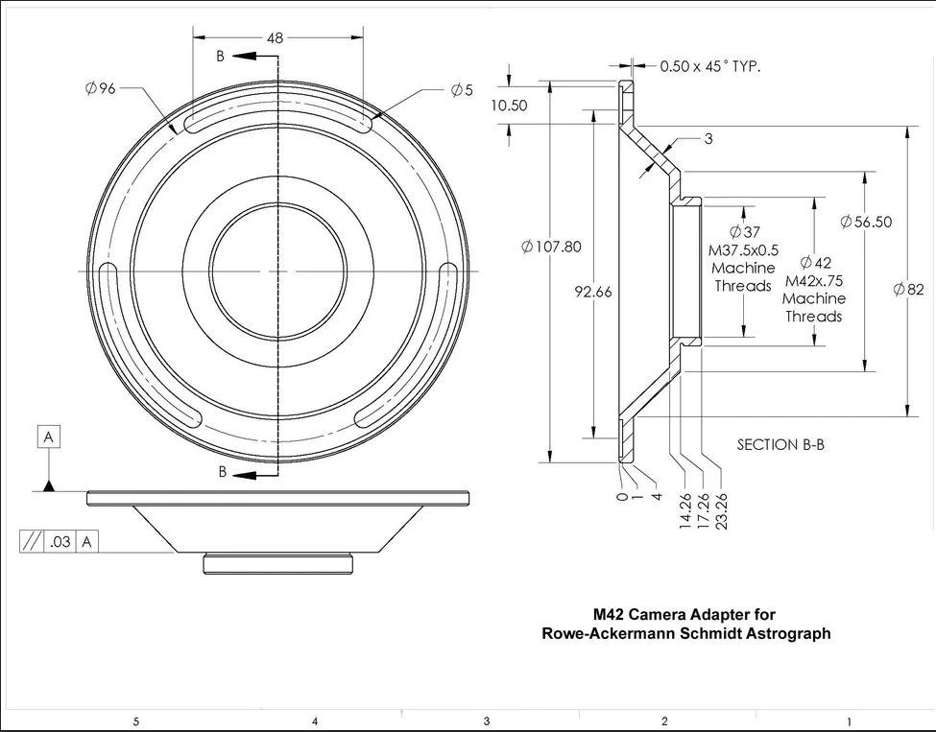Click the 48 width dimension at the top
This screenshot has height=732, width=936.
tap(276, 38)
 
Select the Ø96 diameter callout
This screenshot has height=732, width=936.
tap(100, 88)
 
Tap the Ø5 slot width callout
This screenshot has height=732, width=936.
tap(462, 89)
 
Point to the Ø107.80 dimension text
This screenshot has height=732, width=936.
tap(551, 247)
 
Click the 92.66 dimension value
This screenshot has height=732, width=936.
tap(593, 293)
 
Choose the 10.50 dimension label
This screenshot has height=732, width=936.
tap(509, 106)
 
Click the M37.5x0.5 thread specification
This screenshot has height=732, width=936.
tap(743, 250)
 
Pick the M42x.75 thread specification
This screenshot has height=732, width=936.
tap(814, 281)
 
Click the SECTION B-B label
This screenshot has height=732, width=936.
tap(780, 444)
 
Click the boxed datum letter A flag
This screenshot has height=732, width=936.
tap(49, 437)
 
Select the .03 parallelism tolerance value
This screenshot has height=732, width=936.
tap(60, 542)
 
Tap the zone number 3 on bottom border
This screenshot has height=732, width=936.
tap(487, 720)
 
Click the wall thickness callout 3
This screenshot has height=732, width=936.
tap(708, 139)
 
